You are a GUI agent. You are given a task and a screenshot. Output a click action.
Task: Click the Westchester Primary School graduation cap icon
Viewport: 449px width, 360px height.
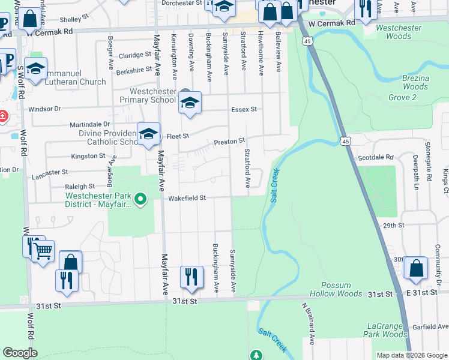tap(190, 103)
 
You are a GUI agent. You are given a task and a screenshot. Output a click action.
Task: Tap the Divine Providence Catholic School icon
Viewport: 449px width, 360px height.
tap(148, 134)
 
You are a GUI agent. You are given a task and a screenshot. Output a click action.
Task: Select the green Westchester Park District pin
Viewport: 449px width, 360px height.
tap(140, 199)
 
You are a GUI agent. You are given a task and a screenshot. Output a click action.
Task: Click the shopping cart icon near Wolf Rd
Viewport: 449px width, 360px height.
tap(43, 251)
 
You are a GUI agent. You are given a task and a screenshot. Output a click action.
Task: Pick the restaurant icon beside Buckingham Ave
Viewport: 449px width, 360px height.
tap(191, 277)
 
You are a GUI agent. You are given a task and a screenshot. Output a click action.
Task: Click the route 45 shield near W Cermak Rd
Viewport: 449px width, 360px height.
tap(307, 41)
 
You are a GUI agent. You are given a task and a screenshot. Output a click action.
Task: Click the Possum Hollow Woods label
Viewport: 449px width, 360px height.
tap(336, 289)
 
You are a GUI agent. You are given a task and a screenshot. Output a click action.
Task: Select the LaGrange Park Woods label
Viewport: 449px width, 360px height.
tap(386, 330)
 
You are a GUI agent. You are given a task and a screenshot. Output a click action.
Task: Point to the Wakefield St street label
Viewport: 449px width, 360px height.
tap(187, 197)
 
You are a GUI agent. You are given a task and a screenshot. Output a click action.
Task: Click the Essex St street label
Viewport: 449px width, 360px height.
tap(244, 109)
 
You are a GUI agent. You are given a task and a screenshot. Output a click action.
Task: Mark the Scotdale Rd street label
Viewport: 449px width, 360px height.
tap(376, 157)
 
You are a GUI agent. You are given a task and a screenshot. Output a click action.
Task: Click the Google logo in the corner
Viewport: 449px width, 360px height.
tap(20, 353)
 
